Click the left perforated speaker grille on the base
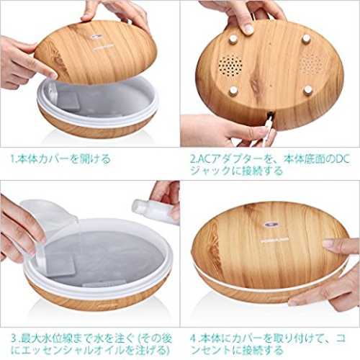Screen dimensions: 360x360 [230, 65]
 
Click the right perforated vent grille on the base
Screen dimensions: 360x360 [312, 63]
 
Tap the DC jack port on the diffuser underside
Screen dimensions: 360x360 [271, 113]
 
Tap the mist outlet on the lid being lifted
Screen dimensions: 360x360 [96, 37]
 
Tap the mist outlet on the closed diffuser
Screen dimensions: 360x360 [271, 225]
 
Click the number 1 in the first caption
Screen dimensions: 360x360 [13, 159]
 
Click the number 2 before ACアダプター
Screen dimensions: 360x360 [193, 159]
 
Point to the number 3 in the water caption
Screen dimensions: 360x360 [14, 339]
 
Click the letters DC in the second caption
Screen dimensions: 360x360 [343, 159]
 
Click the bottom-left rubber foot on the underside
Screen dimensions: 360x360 [233, 91]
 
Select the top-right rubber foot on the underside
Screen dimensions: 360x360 [306, 38]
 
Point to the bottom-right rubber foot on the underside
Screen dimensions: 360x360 [307, 91]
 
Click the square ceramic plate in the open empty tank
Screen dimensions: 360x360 [68, 101]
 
